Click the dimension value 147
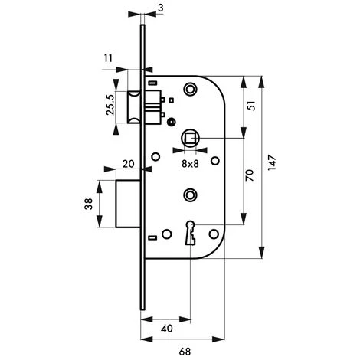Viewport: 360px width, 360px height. point(271,164)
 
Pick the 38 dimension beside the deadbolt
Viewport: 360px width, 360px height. point(89,204)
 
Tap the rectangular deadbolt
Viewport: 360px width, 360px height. point(127,203)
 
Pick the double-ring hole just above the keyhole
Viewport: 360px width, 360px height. point(188,195)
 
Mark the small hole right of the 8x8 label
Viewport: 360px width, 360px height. point(214,160)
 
